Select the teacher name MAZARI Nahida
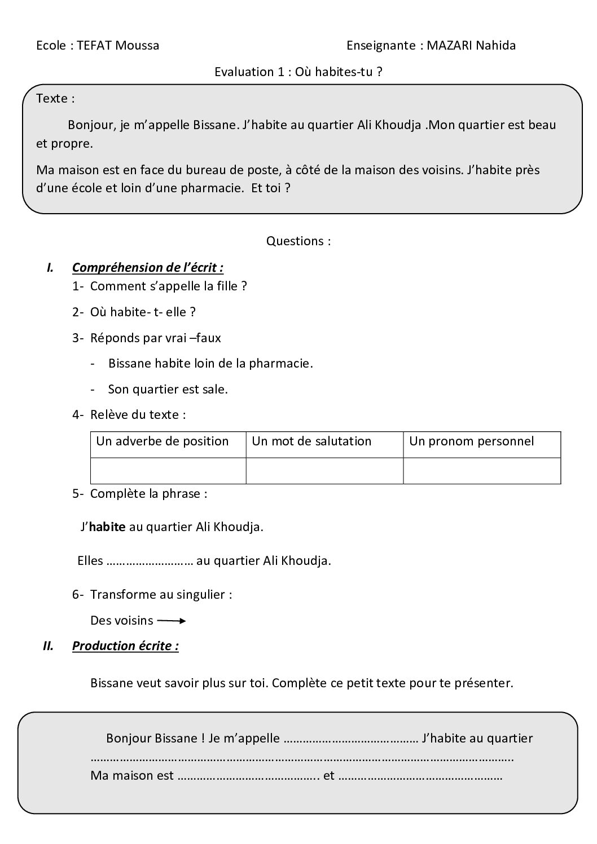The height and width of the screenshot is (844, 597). (x=471, y=45)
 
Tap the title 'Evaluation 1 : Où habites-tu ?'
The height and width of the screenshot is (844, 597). (x=298, y=72)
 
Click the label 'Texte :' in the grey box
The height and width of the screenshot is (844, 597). (x=55, y=98)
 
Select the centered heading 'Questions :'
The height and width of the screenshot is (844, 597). (x=298, y=241)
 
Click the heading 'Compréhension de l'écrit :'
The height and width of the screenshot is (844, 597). (x=147, y=267)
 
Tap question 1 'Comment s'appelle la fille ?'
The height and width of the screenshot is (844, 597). (x=168, y=286)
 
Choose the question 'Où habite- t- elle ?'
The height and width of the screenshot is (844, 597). (x=143, y=312)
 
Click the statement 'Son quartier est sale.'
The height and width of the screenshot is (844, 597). (x=168, y=389)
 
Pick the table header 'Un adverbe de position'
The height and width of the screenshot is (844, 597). (x=163, y=441)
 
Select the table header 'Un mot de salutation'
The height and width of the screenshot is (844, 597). (x=311, y=441)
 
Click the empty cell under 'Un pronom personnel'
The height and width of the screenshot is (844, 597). (x=482, y=470)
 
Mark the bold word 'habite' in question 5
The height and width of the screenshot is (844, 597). (x=107, y=527)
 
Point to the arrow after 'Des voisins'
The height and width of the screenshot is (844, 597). (x=171, y=621)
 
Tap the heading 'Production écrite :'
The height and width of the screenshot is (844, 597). (x=125, y=646)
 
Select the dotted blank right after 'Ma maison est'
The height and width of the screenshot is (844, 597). (x=249, y=776)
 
